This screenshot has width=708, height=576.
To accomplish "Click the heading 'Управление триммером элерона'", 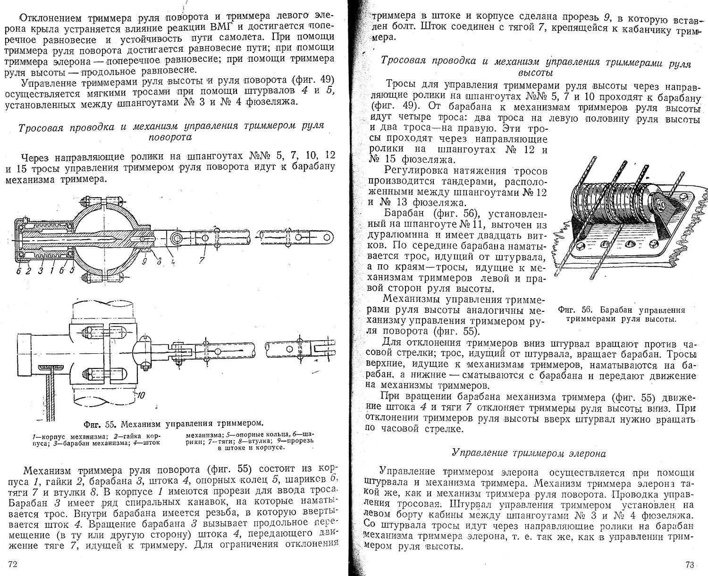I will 529,454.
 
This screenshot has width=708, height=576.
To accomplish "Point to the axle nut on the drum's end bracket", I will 659,204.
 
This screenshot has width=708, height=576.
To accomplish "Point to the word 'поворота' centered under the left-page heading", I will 170,137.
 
